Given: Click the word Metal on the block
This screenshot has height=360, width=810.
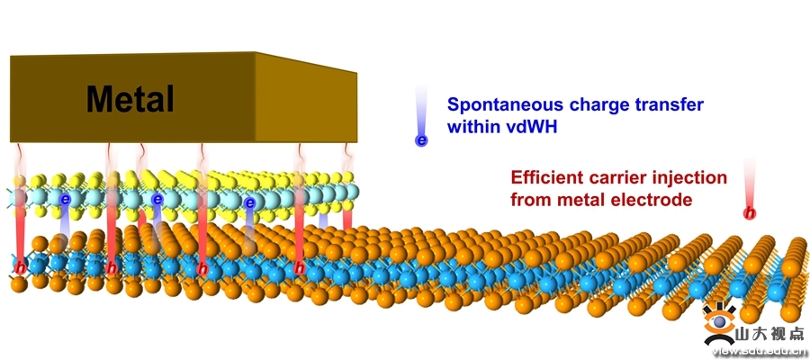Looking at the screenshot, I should point(130,98).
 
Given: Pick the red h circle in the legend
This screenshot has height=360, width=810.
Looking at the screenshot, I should point(749,213).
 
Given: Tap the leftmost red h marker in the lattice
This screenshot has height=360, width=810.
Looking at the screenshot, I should point(19,267).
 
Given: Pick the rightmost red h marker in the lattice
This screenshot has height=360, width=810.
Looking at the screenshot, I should point(300,267).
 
